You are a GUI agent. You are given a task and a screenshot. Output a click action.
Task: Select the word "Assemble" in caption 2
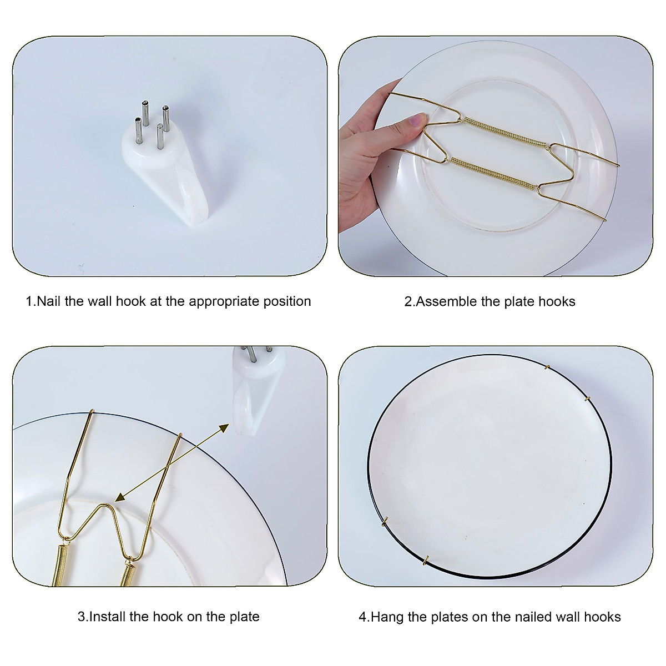pos(442,301)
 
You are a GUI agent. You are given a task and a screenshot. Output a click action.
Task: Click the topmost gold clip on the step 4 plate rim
pos(547,367)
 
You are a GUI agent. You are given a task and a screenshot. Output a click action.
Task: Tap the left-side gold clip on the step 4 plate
pos(385,521)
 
